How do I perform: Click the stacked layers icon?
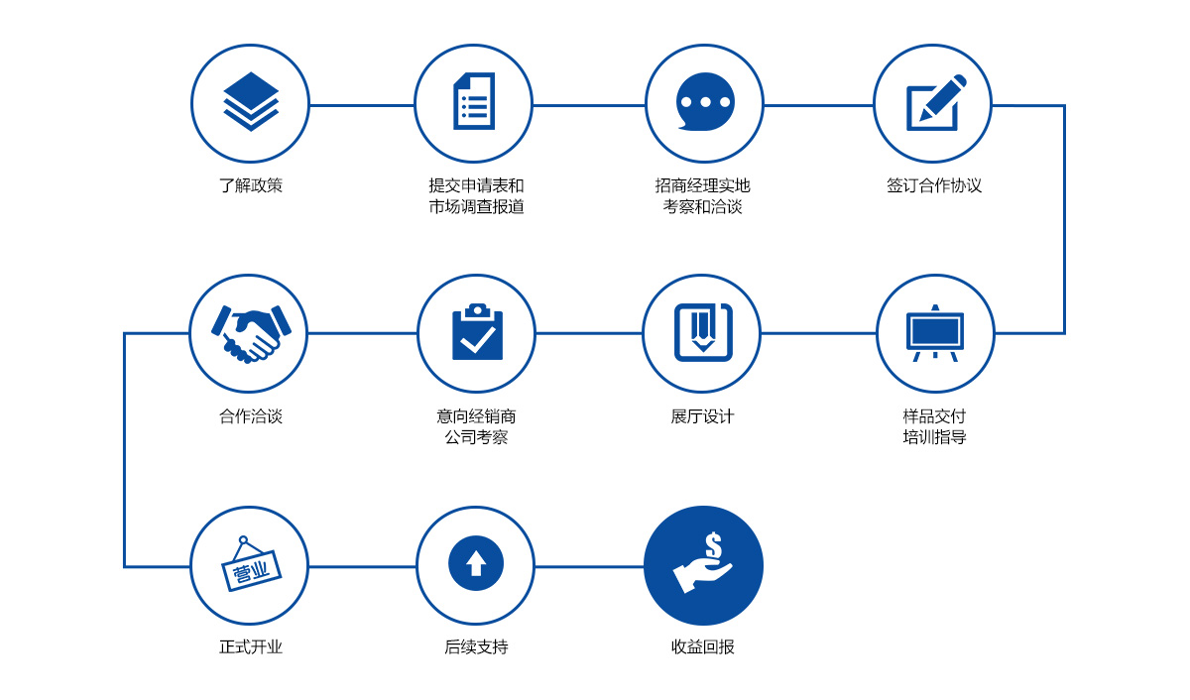point(251,101)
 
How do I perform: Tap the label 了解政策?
point(251,185)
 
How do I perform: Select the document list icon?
point(474,101)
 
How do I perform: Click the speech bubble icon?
point(705,101)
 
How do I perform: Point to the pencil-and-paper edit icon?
point(935,102)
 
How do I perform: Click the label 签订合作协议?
point(934,185)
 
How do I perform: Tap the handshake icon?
point(251,334)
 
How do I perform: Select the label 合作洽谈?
point(251,415)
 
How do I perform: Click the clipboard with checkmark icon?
point(477,332)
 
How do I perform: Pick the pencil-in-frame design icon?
point(703,332)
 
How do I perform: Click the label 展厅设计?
point(702,415)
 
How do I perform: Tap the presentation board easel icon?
point(935,333)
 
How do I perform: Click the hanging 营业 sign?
point(250,564)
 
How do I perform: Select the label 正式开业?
point(251,646)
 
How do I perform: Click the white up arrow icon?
point(476,563)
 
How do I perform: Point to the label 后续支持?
point(476,646)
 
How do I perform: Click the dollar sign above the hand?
point(713,545)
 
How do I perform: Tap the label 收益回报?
point(702,646)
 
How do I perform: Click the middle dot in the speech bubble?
point(705,102)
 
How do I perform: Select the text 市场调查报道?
point(476,206)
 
